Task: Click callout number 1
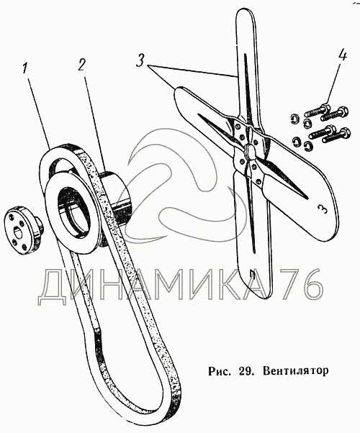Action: (x=25, y=69)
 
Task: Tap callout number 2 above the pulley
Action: (x=81, y=65)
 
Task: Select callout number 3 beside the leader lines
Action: (x=141, y=61)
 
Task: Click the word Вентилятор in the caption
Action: (x=296, y=370)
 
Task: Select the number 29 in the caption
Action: (x=244, y=370)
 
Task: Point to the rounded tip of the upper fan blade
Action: (x=244, y=14)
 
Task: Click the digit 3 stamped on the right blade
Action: (x=321, y=209)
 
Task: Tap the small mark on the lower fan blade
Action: (x=251, y=274)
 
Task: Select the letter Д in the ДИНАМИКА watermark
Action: (x=52, y=287)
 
